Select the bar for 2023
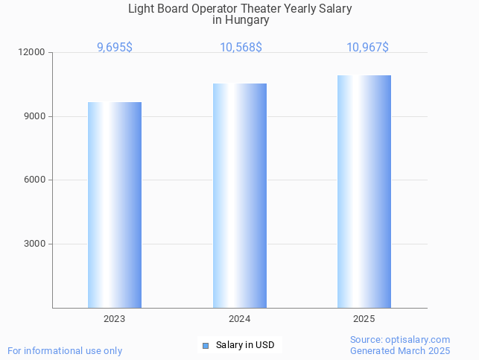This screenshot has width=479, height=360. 115,205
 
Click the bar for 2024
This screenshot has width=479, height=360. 239,195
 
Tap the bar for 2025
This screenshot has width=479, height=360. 364,192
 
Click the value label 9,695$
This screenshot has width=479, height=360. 115,48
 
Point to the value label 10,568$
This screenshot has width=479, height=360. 240,48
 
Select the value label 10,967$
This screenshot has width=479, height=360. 367,48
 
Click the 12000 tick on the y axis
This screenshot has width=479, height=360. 33,53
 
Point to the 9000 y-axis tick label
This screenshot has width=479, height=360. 35,116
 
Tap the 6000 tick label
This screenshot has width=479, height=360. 35,180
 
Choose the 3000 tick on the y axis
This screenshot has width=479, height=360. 35,244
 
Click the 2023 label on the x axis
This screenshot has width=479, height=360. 115,319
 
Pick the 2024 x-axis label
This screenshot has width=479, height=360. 239,319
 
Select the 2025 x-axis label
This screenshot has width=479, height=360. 364,319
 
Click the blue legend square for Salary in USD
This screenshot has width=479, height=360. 206,345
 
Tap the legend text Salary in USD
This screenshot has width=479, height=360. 245,345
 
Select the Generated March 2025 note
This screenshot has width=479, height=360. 400,351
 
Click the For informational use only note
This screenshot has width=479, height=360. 65,351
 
